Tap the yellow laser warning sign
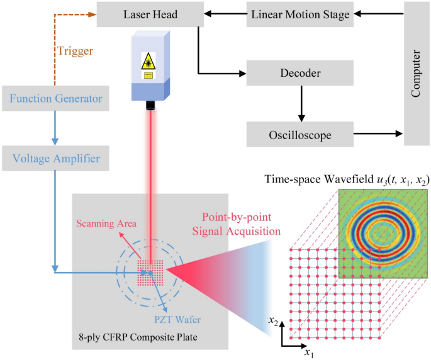coord(148,62)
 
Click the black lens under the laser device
coord(150,107)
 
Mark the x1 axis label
coord(309,353)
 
